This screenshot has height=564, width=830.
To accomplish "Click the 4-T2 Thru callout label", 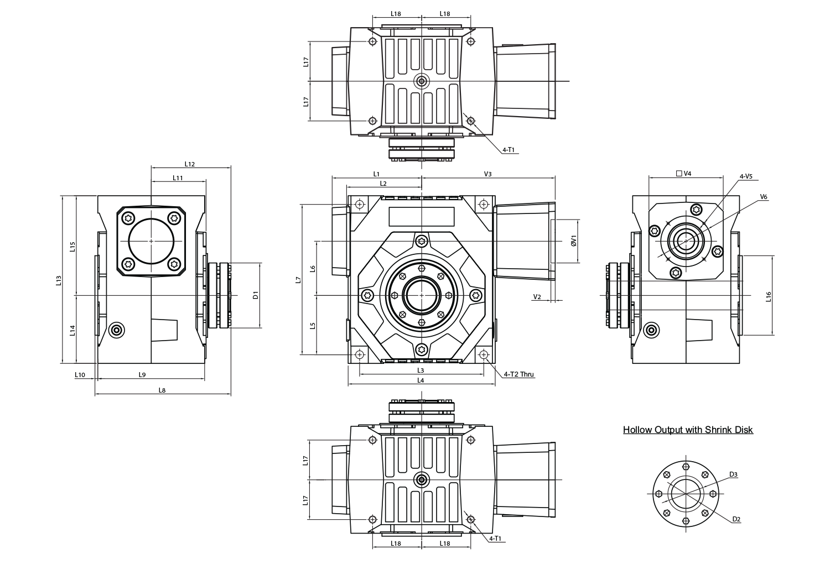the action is pos(519,374).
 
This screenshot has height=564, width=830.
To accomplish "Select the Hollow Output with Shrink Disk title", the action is pos(688,430).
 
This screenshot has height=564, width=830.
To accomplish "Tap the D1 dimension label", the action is pos(255,295).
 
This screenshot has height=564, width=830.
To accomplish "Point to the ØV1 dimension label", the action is pos(574,241).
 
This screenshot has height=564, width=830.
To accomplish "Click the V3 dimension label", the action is pos(487,174).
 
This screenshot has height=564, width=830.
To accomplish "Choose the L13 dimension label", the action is pos(59,280).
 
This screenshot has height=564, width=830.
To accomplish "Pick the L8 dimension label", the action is pos(162,390).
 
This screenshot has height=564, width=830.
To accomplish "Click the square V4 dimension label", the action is pos(683,173).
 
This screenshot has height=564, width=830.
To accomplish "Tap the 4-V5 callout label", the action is pos(746,176).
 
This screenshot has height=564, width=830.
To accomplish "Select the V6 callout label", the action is pos(763,197).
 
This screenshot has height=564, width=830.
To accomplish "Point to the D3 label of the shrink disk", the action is pos(733,474).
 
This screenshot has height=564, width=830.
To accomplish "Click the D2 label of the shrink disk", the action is pos(736,520).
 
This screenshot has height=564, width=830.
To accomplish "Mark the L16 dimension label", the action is pos(769,296).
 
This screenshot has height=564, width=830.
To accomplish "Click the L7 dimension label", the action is pos(298,280).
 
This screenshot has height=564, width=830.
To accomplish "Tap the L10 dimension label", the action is pos(80,375).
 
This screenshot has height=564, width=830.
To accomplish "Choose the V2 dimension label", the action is pos(537,296).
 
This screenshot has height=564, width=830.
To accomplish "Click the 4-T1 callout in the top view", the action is pos(509,150).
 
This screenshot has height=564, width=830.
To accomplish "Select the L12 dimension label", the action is pos(190,164).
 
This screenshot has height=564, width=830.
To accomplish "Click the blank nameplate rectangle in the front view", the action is pos(421,217).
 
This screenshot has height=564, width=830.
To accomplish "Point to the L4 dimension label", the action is pos(421,380).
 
